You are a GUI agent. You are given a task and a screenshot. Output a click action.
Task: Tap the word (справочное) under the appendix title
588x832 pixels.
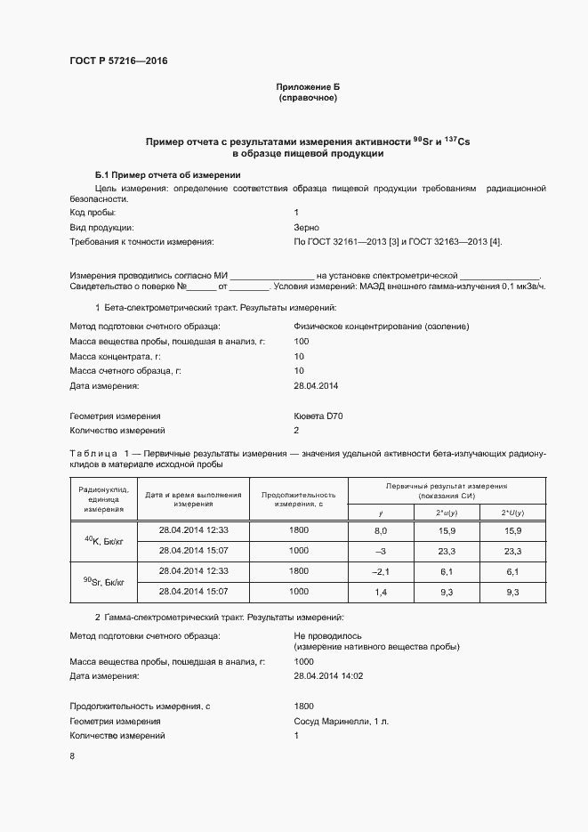(308, 97)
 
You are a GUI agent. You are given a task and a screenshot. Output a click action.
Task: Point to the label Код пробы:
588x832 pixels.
(93, 214)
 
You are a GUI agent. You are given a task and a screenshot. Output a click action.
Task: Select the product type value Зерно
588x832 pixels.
(306, 228)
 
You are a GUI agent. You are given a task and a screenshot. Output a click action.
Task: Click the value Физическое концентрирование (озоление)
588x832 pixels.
(381, 327)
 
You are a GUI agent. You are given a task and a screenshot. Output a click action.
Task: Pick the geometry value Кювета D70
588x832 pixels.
(317, 416)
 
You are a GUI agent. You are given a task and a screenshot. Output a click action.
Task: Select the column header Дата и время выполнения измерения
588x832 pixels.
(193, 499)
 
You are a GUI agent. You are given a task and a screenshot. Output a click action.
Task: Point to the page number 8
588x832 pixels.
(72, 756)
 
